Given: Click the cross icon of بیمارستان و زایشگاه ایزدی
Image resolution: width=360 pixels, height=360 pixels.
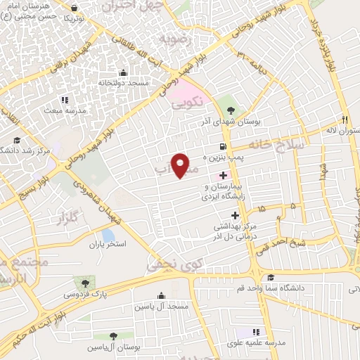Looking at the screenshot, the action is click(224, 175).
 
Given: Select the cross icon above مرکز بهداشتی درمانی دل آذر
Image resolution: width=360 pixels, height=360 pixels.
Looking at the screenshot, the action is click(235, 214).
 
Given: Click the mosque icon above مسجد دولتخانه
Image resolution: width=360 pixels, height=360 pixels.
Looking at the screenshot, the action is click(124, 72).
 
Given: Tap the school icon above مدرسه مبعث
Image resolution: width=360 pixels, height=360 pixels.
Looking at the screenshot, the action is click(65, 101).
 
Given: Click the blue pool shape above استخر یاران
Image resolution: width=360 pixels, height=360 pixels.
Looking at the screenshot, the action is click(107, 235).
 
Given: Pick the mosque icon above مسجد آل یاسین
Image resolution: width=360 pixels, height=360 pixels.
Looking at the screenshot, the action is click(162, 295).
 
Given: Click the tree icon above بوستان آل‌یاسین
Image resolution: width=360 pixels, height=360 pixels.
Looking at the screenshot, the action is click(112, 336).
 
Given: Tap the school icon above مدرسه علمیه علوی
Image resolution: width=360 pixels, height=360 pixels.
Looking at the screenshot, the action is click(257, 330).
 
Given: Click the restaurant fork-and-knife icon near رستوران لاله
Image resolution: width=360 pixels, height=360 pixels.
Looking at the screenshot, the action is click(345, 119).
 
